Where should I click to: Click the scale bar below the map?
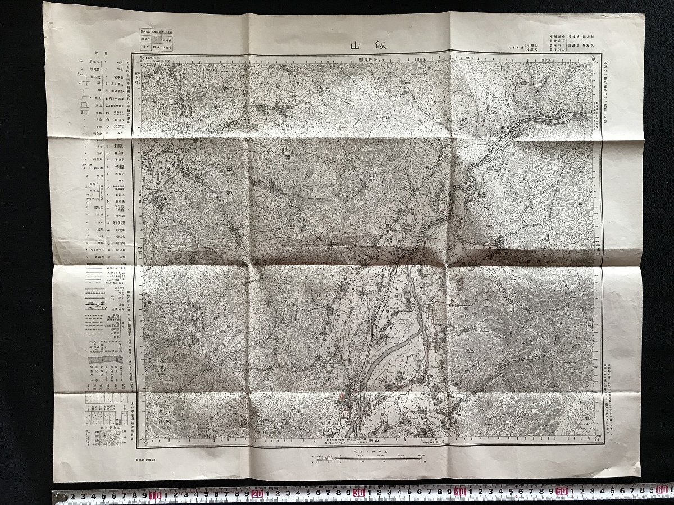pyautogui.click(x=365, y=460)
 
